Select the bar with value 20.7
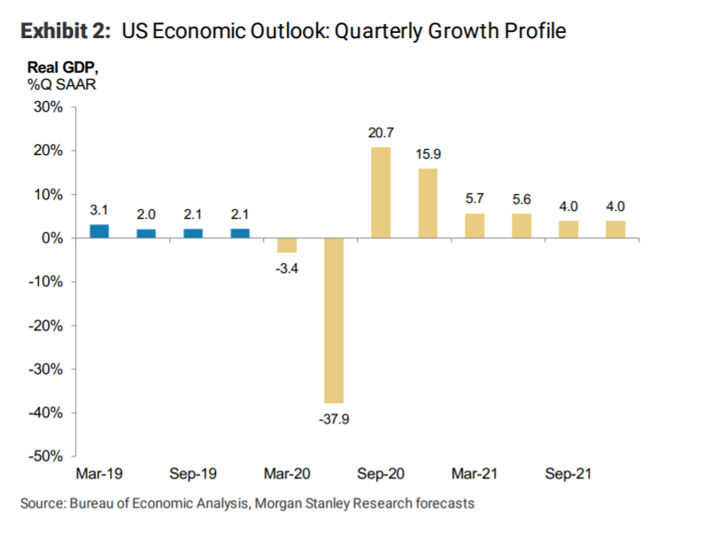coord(381,192)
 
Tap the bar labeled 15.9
coord(428,203)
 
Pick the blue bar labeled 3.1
coord(100,231)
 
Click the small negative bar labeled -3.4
coord(287,245)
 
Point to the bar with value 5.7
coord(474,225)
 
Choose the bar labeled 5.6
coord(522,226)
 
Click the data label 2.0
coord(146,214)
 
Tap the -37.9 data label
coord(334,419)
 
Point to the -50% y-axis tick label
coord(45,456)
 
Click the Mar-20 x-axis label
coord(286,475)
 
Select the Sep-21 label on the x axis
coord(567,475)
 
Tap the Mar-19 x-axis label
coord(99,475)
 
